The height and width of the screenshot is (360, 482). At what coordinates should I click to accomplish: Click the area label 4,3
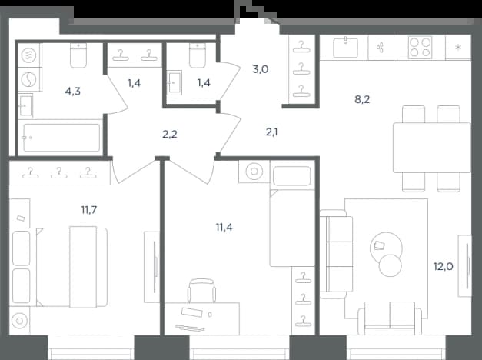pos(73,92)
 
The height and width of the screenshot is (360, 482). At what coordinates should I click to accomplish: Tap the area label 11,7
pos(89,210)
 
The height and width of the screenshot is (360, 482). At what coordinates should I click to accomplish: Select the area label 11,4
pos(224,228)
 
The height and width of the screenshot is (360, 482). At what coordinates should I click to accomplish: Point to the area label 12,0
pos(444,266)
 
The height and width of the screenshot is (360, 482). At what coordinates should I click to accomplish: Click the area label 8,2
pos(362,100)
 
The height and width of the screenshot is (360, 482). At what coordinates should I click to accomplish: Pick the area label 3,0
pos(261,69)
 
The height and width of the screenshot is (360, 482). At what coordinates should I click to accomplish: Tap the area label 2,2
pos(170,135)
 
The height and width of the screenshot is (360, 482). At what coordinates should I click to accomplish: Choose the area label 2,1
pos(271,132)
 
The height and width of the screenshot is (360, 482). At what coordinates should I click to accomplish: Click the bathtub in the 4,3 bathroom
pos(61,138)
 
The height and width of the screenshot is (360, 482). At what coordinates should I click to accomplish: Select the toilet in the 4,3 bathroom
pos(78,55)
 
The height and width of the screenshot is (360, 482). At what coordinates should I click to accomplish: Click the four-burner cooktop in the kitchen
pos(420,48)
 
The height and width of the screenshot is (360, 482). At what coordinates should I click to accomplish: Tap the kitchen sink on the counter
pos(345,47)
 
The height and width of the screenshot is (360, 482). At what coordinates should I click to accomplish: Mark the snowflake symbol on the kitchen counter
pos(458,48)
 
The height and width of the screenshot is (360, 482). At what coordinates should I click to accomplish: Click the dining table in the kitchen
pos(431,148)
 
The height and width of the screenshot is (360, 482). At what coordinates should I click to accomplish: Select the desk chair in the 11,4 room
pos(201,291)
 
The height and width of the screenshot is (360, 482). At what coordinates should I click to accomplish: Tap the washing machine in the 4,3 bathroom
pos(28,79)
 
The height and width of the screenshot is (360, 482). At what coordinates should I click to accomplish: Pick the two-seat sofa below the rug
pos(390,318)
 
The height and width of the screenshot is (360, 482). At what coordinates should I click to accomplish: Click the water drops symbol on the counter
pos(381,48)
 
